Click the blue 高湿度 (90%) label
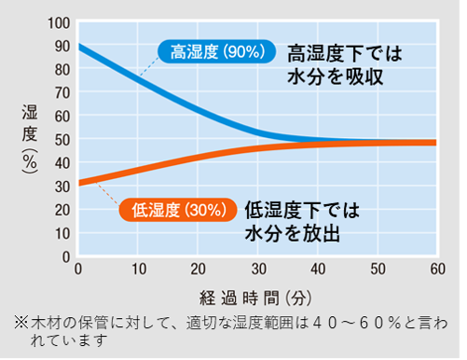pyautogui.click(x=214, y=51)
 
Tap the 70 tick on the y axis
pyautogui.click(x=61, y=92)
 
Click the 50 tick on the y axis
pyautogui.click(x=61, y=139)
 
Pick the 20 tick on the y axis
pyautogui.click(x=61, y=209)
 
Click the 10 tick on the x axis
pyautogui.click(x=137, y=270)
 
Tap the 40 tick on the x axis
pyautogui.click(x=317, y=270)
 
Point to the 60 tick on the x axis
pyautogui.click(x=436, y=270)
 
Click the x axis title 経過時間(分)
pyautogui.click(x=257, y=297)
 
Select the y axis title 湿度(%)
pyautogui.click(x=29, y=139)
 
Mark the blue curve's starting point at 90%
pyautogui.click(x=78, y=46)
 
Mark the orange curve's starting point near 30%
pyautogui.click(x=78, y=183)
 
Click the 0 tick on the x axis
pyautogui.click(x=77, y=270)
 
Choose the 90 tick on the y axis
pyautogui.click(x=61, y=46)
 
